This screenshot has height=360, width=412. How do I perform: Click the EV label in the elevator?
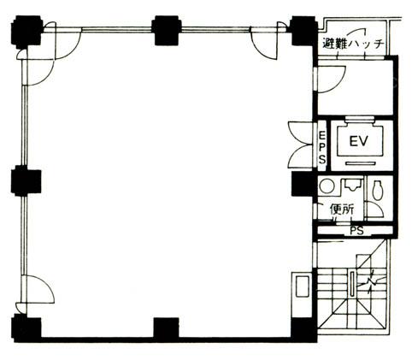coord(359,141)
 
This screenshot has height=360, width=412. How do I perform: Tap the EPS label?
coord(322,146)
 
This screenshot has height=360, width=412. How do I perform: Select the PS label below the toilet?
coord(357,231)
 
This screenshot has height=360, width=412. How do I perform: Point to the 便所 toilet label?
coord(342,210)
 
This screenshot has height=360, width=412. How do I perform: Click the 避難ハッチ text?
coord(354,44)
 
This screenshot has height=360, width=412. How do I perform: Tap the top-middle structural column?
coord(166,31)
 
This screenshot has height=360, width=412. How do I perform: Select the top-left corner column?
coord(26,31)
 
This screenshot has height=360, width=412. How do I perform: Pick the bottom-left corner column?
coord(26,328)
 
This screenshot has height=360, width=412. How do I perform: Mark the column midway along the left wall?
coord(26,181)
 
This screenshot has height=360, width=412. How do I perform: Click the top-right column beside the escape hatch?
coord(303,31)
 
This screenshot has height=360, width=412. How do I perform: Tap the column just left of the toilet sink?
coord(303,185)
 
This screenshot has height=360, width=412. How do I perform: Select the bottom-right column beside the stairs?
coord(303,330)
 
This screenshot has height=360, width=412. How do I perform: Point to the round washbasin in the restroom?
coord(327,186)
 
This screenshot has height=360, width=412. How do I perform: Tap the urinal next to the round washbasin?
coord(351,186)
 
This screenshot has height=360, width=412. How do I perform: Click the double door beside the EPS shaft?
coord(301,145)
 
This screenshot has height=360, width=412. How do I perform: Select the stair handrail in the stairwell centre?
coord(353,285)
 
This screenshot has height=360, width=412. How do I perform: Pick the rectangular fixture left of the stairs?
coord(302,286)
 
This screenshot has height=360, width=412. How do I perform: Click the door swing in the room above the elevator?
coord(331,80)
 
